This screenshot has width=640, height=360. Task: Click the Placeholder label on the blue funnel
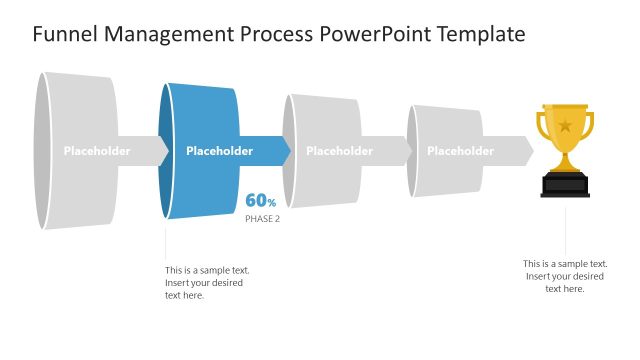(x=219, y=151)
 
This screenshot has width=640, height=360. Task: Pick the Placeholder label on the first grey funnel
(x=97, y=151)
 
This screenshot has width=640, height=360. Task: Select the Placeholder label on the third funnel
(x=339, y=151)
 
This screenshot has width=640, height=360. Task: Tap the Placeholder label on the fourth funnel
(x=460, y=151)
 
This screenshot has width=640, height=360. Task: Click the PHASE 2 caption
(x=262, y=218)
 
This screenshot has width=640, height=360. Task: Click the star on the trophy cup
(x=565, y=126)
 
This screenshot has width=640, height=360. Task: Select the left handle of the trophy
(x=541, y=126)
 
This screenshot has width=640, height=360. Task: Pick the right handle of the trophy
(x=589, y=126)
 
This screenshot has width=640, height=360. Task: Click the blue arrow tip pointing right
(x=285, y=151)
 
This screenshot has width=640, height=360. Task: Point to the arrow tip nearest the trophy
(x=527, y=151)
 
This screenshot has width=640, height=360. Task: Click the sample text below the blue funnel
(x=207, y=282)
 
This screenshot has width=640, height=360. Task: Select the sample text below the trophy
(x=565, y=276)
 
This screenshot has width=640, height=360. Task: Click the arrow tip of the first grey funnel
(x=163, y=151)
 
